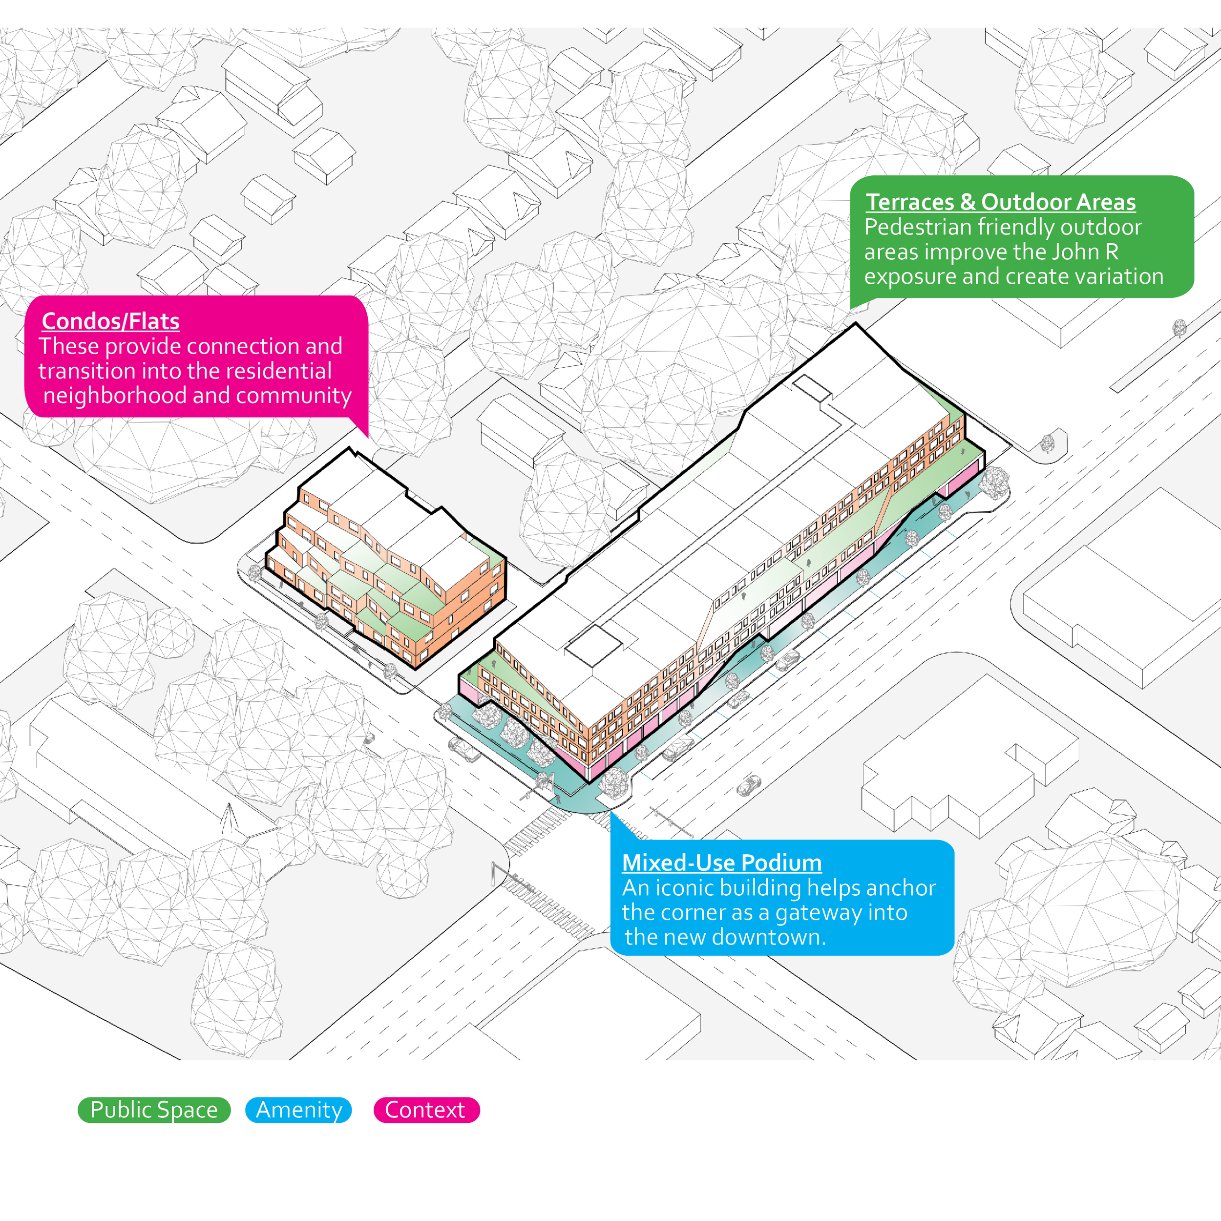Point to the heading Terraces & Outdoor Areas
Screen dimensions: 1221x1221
1000,202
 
